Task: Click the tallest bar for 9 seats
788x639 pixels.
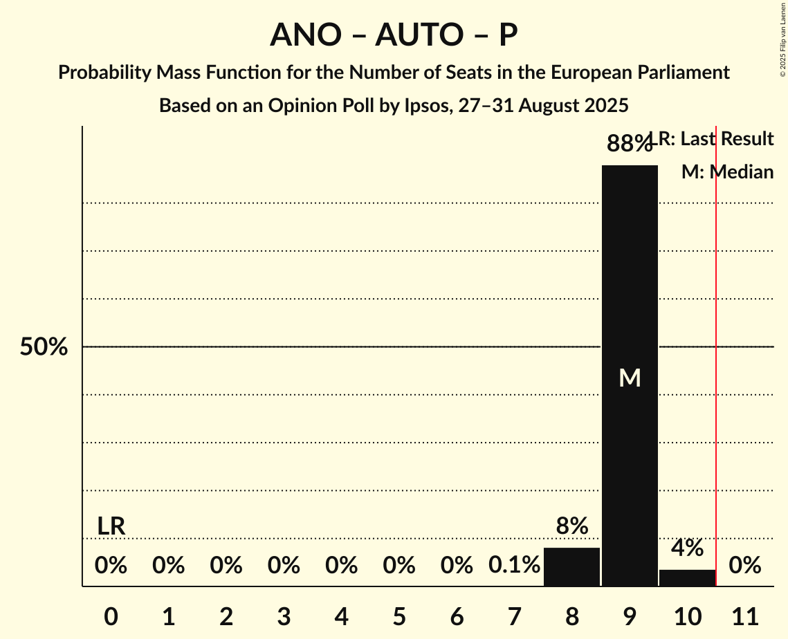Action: (x=630, y=277)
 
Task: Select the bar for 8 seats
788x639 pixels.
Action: (x=571, y=566)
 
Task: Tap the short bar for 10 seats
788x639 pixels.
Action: (x=687, y=577)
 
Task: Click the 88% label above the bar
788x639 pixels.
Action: (x=629, y=144)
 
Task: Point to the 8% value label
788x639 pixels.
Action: (x=571, y=526)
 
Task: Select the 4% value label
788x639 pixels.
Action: (x=687, y=548)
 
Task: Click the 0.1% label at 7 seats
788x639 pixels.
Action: (x=514, y=566)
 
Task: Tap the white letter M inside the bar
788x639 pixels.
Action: (x=630, y=378)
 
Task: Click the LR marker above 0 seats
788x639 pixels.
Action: (x=111, y=526)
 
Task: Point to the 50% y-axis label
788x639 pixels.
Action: (x=44, y=347)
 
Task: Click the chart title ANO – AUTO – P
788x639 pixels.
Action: (x=394, y=35)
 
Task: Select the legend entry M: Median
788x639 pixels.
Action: (x=727, y=172)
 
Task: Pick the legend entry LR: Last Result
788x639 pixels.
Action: (x=716, y=139)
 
